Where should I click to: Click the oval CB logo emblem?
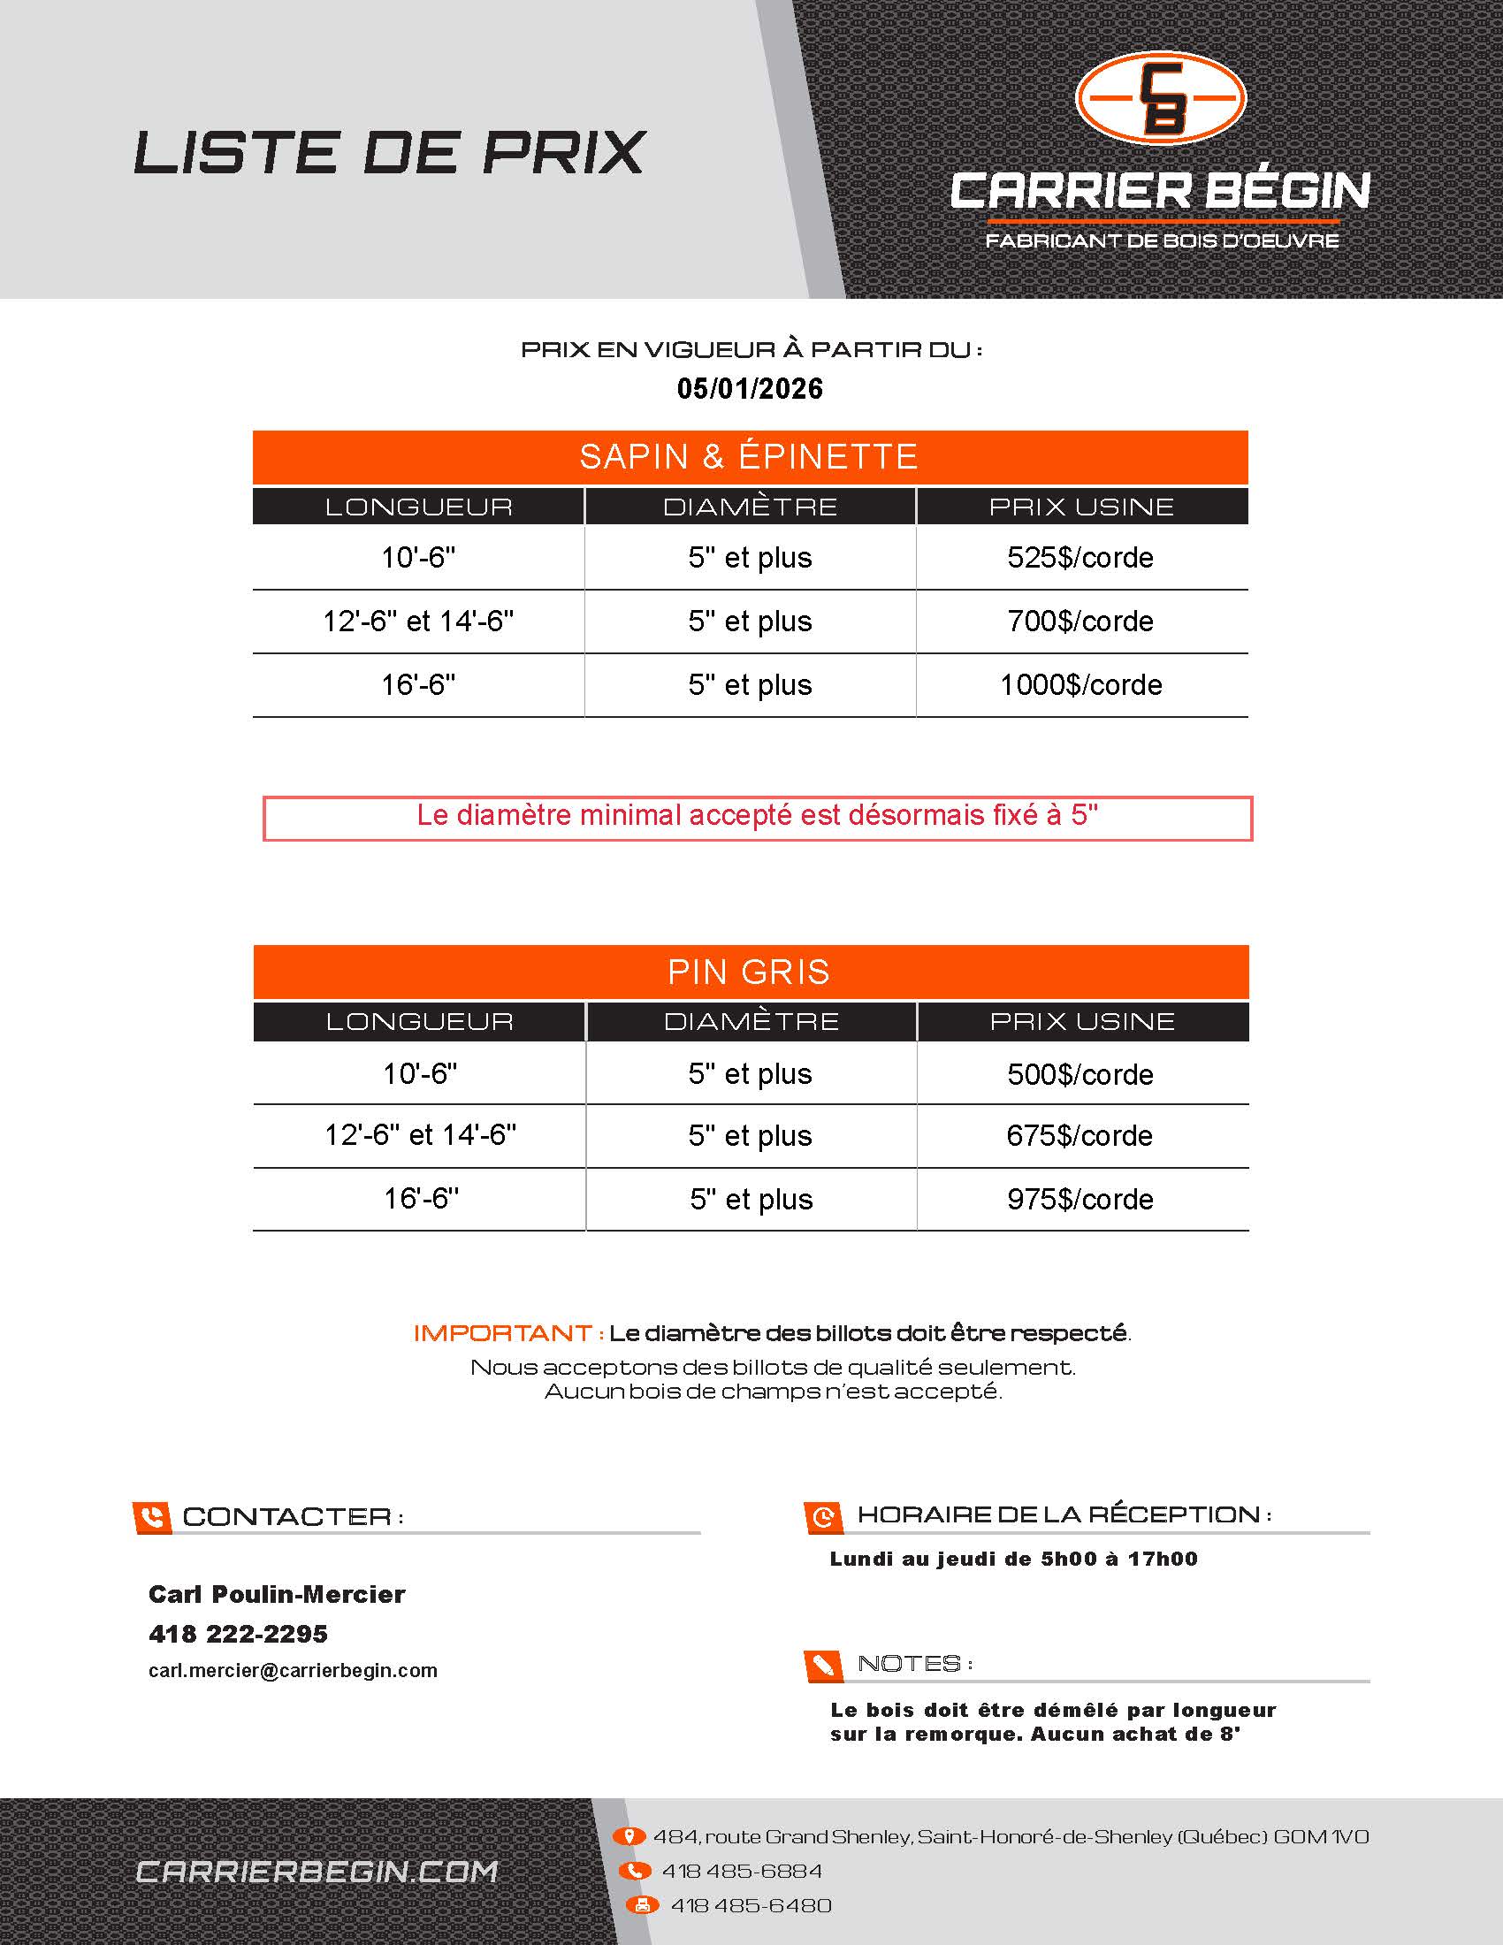click(1160, 97)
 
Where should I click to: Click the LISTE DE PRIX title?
click(389, 152)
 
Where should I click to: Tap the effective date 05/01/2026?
click(750, 388)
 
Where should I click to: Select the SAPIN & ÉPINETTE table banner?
click(750, 457)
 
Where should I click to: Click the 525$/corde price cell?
click(1080, 558)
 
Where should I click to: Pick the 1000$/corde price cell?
click(1080, 685)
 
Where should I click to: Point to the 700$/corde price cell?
click(1080, 621)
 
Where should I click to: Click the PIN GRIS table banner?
click(750, 972)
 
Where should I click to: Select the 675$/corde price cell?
click(1080, 1135)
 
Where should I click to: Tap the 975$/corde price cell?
click(1080, 1199)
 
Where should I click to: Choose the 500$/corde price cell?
click(1080, 1074)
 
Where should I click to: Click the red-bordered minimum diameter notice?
click(757, 817)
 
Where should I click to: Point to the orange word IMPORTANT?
click(503, 1333)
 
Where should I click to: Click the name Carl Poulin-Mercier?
click(277, 1594)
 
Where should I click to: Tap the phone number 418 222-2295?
click(238, 1634)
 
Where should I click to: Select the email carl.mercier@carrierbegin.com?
click(293, 1671)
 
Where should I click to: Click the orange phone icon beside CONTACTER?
click(151, 1516)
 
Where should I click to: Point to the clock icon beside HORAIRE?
click(824, 1515)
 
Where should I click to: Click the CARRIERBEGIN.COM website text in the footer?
click(317, 1872)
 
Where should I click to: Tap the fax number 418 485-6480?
click(751, 1906)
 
